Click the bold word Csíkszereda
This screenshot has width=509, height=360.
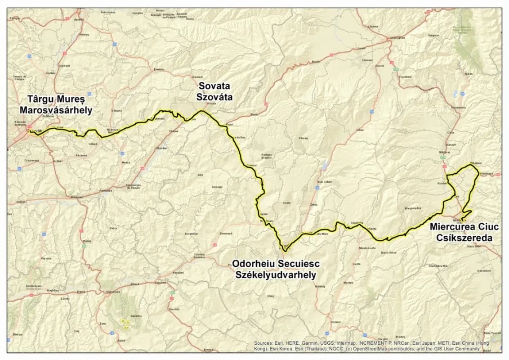464,238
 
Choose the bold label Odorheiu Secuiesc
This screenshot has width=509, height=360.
276,263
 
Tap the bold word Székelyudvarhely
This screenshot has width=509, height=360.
276,274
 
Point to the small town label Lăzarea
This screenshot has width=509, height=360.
373,27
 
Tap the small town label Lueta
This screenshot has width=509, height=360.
357,264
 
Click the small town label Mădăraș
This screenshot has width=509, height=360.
445,153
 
